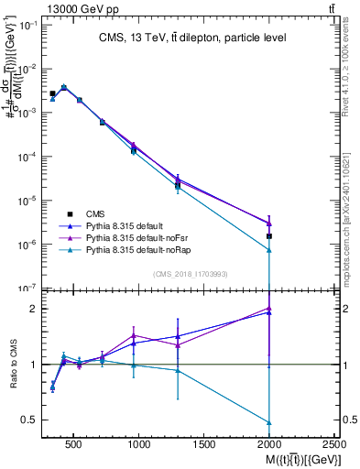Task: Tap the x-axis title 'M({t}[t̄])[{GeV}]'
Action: pos(292,458)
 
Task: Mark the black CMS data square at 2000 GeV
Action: pos(269,236)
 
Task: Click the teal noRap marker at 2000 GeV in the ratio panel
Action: pos(269,422)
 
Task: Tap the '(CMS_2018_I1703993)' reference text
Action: pos(191,273)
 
